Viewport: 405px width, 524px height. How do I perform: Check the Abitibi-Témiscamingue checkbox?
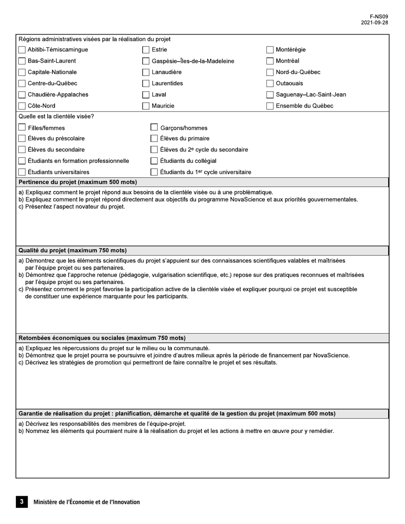[x=22, y=50]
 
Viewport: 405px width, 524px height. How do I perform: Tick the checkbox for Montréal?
[x=270, y=61]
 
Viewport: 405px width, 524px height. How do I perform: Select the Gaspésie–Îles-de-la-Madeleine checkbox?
[x=146, y=61]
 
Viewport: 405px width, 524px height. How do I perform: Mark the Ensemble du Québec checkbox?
[x=270, y=106]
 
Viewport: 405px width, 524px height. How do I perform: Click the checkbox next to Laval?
[x=146, y=95]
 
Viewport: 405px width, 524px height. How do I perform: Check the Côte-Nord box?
[x=22, y=106]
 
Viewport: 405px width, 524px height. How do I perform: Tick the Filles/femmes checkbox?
[x=22, y=127]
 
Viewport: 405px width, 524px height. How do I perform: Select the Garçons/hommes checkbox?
[x=154, y=127]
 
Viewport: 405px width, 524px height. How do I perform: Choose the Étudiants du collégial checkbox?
[x=154, y=161]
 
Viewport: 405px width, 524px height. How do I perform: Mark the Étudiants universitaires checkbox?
[x=22, y=172]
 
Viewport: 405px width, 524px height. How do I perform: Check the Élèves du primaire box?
[x=154, y=138]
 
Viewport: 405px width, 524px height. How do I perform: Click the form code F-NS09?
[x=379, y=17]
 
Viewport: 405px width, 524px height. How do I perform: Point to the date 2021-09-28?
[x=374, y=23]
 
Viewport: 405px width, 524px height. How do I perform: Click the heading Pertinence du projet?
[x=78, y=182]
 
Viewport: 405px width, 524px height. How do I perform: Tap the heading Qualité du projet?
[x=72, y=250]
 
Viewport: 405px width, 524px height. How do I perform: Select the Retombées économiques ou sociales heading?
[x=102, y=338]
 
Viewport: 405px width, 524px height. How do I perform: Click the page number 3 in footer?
[x=22, y=502]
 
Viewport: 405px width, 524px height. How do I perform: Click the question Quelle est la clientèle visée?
[x=56, y=116]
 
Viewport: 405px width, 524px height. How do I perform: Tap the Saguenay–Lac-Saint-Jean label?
[x=311, y=95]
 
